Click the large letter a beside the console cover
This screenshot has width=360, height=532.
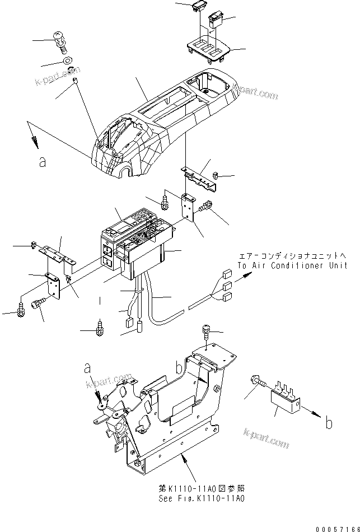tap(41, 162)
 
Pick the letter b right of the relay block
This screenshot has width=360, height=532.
tap(329, 423)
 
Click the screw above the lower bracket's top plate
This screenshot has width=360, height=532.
tap(207, 334)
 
